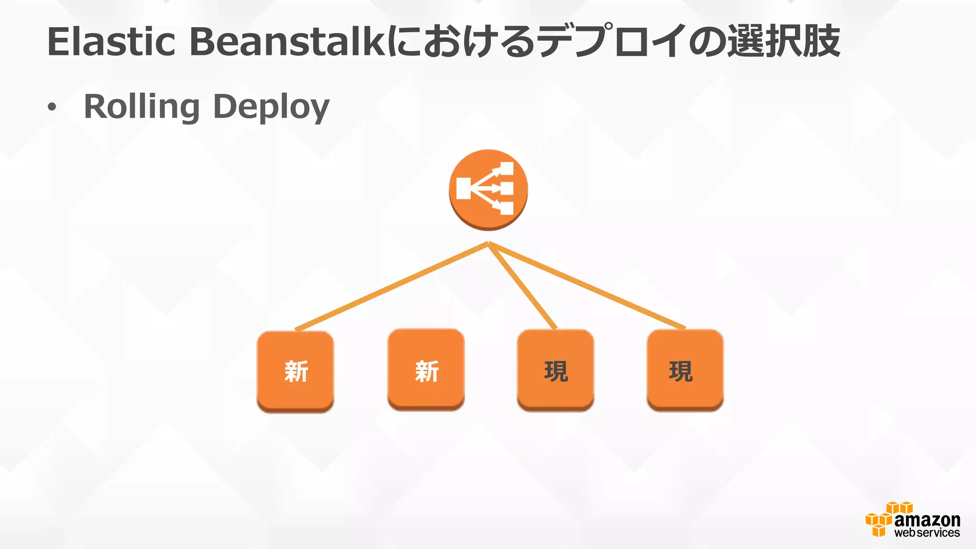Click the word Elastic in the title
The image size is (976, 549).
[x=112, y=41]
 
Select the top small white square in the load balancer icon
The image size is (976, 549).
[x=507, y=169]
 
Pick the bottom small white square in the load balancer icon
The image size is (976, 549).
[x=507, y=208]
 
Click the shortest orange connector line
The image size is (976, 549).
[x=522, y=286]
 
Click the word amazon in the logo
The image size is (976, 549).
[x=927, y=520]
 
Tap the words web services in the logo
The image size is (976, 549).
[x=927, y=533]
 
